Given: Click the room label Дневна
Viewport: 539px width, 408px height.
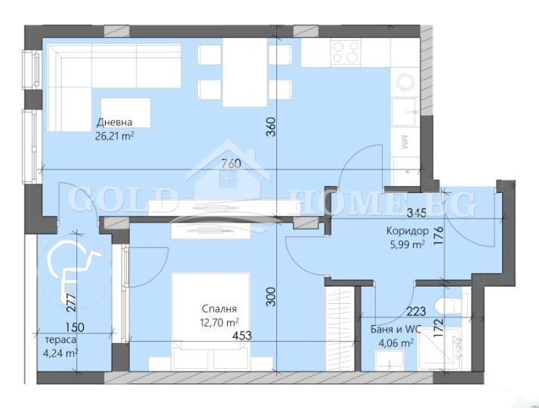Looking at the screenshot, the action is point(115,122).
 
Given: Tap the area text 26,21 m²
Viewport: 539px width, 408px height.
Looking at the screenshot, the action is point(115,137).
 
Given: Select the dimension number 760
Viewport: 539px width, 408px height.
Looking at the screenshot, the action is point(231,164).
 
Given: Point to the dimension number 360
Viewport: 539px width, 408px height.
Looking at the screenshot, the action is point(271,127).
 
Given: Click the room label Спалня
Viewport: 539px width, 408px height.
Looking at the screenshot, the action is point(220,309).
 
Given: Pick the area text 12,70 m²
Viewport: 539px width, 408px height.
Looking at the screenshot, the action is point(220,323).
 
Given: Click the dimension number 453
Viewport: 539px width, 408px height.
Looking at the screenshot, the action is point(242,336).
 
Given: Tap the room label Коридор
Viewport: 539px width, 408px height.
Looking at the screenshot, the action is point(408,231).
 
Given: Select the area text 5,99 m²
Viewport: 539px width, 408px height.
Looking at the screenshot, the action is point(408,244).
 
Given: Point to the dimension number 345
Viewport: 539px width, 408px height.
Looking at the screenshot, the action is point(417,213).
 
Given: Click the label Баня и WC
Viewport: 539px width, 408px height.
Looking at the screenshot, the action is point(396,330).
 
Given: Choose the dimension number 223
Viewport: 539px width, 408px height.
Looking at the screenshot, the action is point(416,311).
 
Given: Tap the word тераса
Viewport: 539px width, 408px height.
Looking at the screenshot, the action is point(61,340).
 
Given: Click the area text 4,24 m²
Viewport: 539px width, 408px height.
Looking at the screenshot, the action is point(61,353).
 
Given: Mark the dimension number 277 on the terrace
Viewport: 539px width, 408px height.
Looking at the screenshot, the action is point(71,302).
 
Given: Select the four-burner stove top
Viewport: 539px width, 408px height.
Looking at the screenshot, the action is point(346,52).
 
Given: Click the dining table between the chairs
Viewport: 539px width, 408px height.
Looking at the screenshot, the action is point(245,72).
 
